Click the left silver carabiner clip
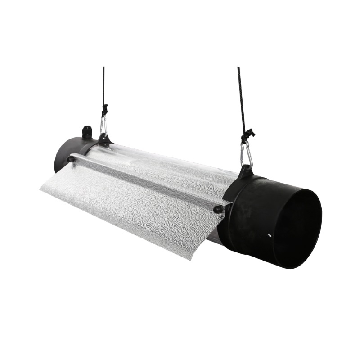103,126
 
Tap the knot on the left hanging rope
105,110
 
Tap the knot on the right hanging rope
247,134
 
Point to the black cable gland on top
86,132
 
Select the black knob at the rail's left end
71,158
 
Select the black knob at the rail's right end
218,209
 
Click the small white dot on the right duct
269,235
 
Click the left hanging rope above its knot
103,85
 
